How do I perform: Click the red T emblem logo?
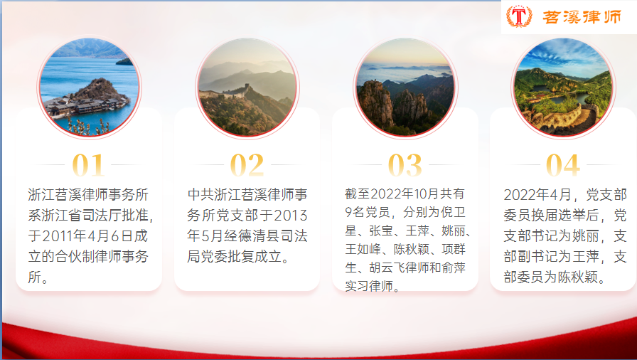519,16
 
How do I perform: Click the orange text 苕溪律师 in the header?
582,17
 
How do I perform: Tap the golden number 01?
88,165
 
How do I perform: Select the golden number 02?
247,165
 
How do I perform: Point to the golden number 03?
405,165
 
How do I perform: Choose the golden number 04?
562,165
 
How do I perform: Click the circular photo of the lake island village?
89,87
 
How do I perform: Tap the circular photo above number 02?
247,87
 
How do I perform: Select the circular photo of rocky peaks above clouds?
405,87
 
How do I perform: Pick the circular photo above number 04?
563,87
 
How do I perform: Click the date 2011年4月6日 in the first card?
87,236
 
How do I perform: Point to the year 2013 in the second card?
291,216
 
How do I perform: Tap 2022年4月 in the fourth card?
537,195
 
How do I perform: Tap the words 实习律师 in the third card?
369,286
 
